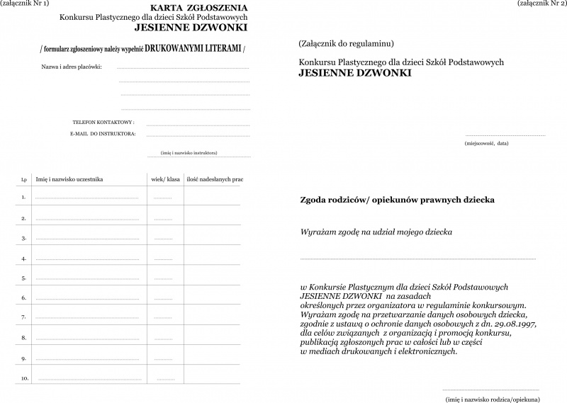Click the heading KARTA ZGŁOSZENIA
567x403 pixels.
pyautogui.click(x=189, y=6)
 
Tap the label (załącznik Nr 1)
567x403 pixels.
pyautogui.click(x=26, y=4)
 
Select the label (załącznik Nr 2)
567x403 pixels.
pyautogui.click(x=542, y=4)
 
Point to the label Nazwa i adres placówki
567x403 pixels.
pyautogui.click(x=72, y=67)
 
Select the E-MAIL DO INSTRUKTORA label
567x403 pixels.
pyautogui.click(x=103, y=133)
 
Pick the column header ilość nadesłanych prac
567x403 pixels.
pyautogui.click(x=214, y=179)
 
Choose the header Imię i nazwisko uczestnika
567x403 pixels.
pyautogui.click(x=69, y=179)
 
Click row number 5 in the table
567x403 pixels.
pyautogui.click(x=24, y=278)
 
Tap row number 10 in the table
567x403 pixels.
pyautogui.click(x=25, y=379)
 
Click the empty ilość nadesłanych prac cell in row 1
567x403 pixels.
pyautogui.click(x=213, y=196)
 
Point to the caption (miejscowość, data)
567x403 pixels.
pyautogui.click(x=487, y=142)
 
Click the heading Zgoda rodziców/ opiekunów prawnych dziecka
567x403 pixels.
pyautogui.click(x=398, y=200)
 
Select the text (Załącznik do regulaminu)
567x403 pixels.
pyautogui.click(x=347, y=44)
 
